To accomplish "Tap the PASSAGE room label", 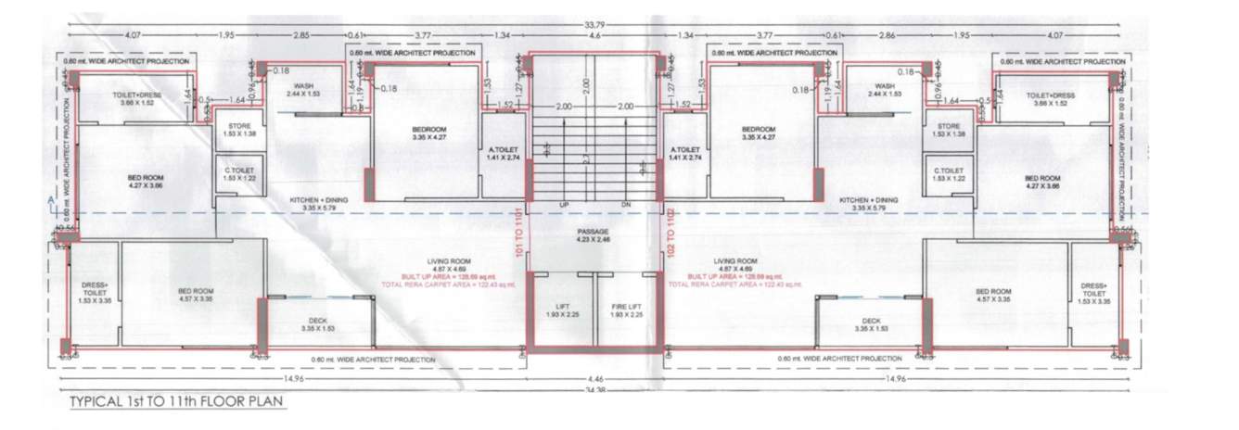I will click(x=592, y=231).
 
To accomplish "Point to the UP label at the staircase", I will click(x=563, y=204).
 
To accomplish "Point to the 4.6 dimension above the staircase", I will click(x=592, y=36).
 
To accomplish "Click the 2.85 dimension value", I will click(x=300, y=36).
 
